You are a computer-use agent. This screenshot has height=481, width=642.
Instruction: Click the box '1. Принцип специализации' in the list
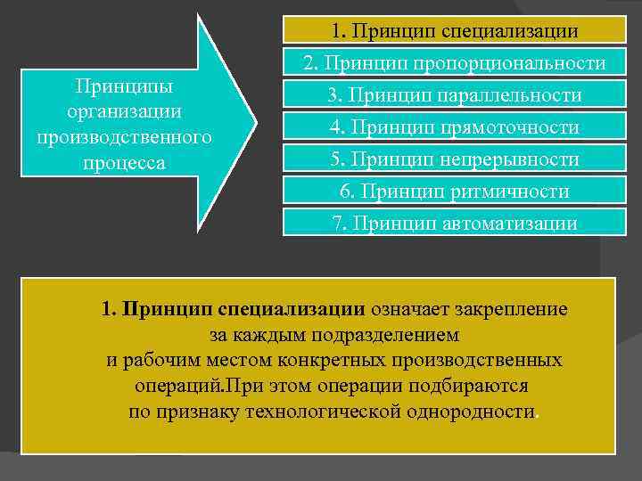tap(455, 31)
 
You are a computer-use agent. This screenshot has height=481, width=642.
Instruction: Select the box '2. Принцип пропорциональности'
tap(455, 63)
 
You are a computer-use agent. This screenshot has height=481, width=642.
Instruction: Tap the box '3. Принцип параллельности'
tap(455, 95)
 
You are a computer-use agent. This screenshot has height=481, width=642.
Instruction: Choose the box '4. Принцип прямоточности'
tap(455, 127)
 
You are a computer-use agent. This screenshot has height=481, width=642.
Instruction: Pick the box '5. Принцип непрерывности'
tap(455, 159)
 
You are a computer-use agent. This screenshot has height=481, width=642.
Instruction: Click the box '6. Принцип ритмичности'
tap(455, 192)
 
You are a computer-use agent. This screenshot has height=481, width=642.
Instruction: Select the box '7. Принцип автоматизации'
tap(455, 223)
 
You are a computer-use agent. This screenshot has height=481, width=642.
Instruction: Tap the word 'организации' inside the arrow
tap(125, 113)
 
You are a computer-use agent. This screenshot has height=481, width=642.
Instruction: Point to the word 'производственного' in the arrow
tap(125, 139)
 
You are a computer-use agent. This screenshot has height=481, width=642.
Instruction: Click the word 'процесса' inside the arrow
tap(125, 165)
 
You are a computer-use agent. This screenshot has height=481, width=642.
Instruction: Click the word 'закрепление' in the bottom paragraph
tap(511, 310)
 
